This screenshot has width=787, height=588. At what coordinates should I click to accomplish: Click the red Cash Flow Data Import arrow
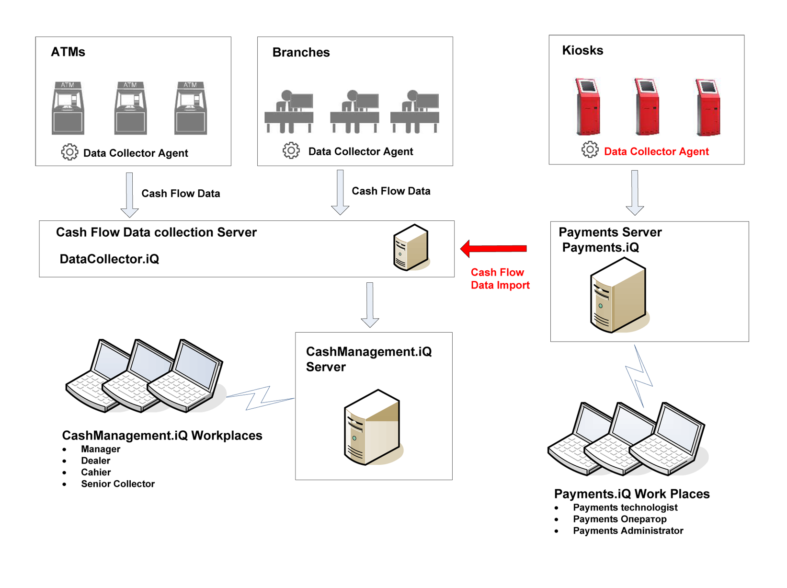point(493,248)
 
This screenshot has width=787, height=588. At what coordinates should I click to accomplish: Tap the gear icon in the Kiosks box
point(590,150)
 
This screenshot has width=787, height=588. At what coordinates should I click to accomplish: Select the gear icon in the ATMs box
point(69,152)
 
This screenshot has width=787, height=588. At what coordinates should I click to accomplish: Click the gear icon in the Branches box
point(291,150)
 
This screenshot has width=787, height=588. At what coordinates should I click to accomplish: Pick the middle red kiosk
point(647,107)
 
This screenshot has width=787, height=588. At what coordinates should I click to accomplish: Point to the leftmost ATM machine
point(68,108)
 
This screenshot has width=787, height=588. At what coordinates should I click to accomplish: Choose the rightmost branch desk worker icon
point(414,111)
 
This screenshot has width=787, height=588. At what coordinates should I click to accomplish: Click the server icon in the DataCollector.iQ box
point(411,248)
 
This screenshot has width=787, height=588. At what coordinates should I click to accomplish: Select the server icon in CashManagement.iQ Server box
point(373,427)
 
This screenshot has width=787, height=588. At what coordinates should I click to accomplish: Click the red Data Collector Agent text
point(656,151)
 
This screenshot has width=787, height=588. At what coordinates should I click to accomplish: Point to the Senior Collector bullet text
point(118,484)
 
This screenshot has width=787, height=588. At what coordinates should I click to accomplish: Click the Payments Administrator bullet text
point(627,530)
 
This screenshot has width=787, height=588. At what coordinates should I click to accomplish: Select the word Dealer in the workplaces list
point(96,461)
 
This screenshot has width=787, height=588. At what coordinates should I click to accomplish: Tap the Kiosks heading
point(582,50)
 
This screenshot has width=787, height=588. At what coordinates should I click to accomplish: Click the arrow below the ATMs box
point(129,195)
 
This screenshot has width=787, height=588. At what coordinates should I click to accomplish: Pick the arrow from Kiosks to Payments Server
point(635,192)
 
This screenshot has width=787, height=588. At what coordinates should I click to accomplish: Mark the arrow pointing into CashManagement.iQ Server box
point(370,305)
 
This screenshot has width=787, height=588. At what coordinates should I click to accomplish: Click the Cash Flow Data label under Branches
point(391,191)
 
